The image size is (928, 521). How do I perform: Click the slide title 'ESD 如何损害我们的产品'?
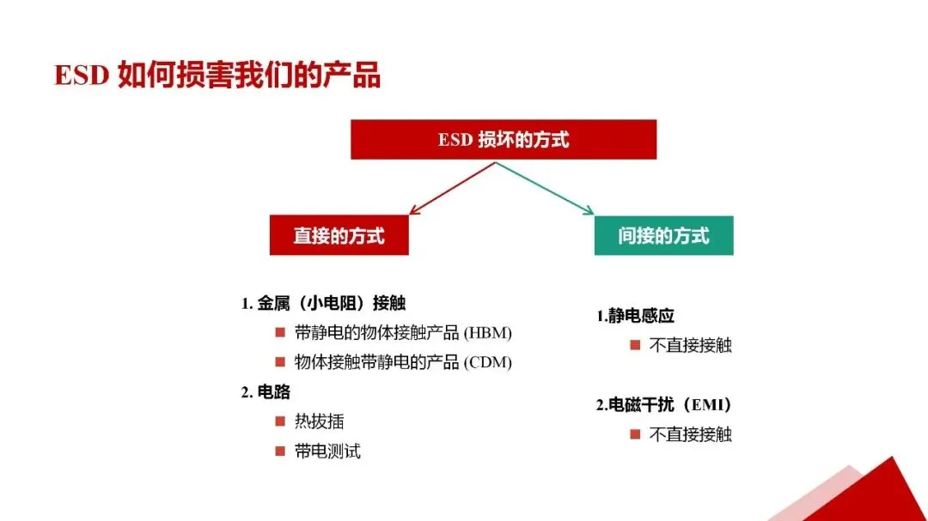click(217, 76)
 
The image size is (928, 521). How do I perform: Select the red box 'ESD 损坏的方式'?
click(504, 139)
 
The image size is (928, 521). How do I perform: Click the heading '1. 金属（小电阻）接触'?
click(323, 303)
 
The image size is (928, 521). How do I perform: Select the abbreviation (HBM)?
click(487, 333)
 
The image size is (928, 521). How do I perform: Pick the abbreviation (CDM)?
click(487, 362)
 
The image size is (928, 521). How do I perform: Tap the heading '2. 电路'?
click(266, 392)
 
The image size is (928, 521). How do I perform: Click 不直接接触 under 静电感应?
click(690, 345)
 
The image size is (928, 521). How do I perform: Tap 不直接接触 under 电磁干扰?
click(690, 434)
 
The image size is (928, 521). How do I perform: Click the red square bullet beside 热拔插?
click(280, 421)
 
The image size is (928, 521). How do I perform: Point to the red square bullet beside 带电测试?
click(280, 451)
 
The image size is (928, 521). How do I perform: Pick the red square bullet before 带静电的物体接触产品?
click(280, 332)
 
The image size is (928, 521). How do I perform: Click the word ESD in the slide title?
click(81, 76)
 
